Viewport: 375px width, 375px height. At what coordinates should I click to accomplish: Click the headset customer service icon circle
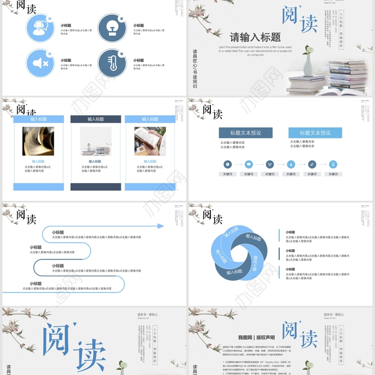pos(40,28)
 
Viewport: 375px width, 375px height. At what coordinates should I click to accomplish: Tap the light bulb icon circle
pos(112,28)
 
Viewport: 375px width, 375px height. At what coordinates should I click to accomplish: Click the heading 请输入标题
pos(255,37)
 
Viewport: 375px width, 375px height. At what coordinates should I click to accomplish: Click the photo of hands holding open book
pos(150,141)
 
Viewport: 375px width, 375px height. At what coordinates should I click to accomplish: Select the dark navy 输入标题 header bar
pos(96,120)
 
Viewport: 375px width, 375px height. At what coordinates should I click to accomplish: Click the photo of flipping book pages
pos(38,141)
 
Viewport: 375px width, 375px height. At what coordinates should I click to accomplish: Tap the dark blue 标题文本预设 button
pos(245,133)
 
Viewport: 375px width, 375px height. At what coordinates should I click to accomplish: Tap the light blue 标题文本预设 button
pos(315,133)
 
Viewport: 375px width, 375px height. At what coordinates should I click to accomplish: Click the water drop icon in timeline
pos(291,164)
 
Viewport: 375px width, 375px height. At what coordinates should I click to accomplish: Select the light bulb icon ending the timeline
pos(333,164)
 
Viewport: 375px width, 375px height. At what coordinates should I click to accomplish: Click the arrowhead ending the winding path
pos(161,226)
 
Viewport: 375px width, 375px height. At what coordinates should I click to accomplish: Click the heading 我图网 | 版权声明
pos(256,337)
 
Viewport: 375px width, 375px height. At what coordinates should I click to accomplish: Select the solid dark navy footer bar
pos(96,187)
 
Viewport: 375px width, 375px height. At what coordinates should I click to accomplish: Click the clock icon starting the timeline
pos(227,164)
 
